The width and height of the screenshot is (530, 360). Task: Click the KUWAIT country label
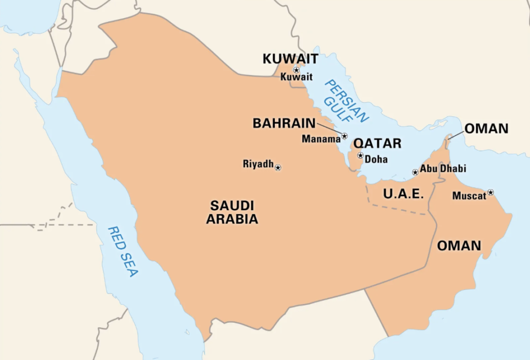(290, 59)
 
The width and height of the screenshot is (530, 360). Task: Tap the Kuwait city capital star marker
(297, 69)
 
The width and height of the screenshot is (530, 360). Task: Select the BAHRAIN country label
(284, 123)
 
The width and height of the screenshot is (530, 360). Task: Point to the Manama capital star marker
(345, 136)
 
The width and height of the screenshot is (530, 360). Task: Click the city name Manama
(321, 139)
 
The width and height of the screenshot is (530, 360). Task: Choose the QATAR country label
(377, 143)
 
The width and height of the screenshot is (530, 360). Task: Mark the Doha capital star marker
(360, 155)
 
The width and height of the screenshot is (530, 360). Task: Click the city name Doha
(376, 160)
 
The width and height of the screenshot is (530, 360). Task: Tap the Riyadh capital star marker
(278, 167)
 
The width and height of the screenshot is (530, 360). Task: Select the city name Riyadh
(258, 164)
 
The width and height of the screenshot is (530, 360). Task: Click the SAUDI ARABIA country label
(232, 212)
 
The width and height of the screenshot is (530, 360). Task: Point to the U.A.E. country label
(404, 194)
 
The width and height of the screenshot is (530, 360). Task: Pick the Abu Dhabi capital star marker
(415, 172)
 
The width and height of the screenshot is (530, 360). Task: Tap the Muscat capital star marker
(490, 192)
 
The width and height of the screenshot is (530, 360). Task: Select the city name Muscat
(469, 196)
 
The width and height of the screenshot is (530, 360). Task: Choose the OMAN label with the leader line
(486, 128)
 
